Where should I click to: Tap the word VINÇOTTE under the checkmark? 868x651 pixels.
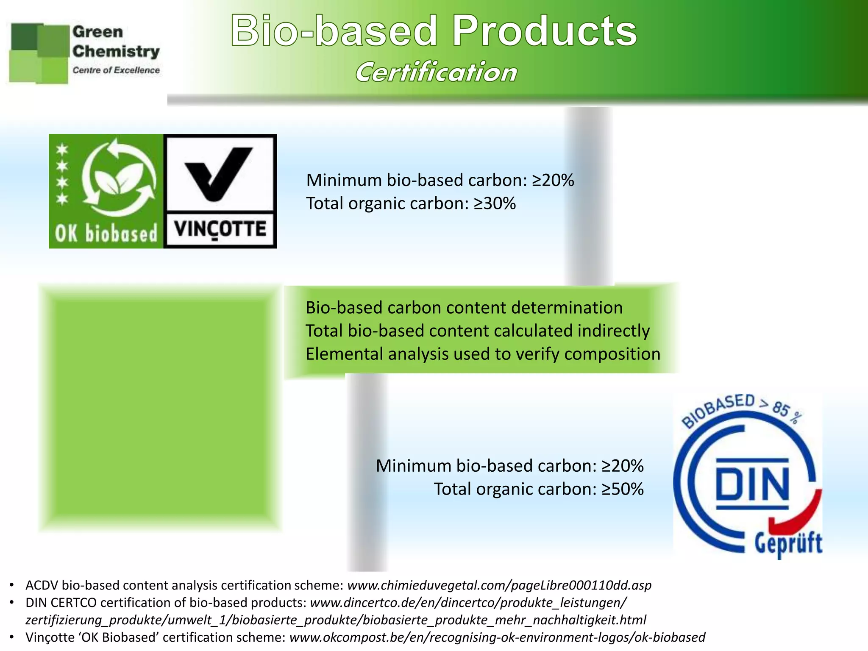[x=220, y=230]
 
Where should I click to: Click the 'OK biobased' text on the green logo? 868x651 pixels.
[x=106, y=234]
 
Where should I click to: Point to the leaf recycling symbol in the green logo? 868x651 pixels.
[x=119, y=178]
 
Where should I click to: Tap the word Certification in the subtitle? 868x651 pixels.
[x=436, y=72]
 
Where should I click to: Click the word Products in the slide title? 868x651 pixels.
[x=544, y=31]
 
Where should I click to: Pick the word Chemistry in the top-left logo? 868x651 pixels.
[x=116, y=52]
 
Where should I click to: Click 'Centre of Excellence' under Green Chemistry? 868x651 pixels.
[x=116, y=70]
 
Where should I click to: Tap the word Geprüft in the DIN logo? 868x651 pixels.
[x=788, y=544]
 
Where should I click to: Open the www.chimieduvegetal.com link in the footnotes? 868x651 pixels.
[x=499, y=585]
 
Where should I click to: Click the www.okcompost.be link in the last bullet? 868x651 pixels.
[x=497, y=637]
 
